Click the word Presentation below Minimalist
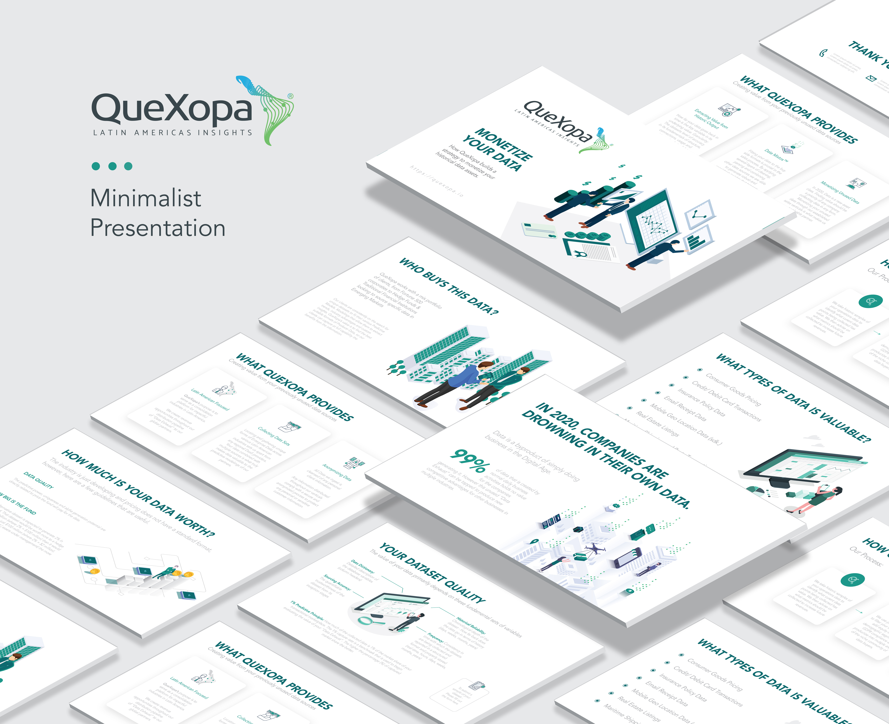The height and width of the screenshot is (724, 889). point(158,228)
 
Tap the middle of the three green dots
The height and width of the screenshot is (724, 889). point(112,166)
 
